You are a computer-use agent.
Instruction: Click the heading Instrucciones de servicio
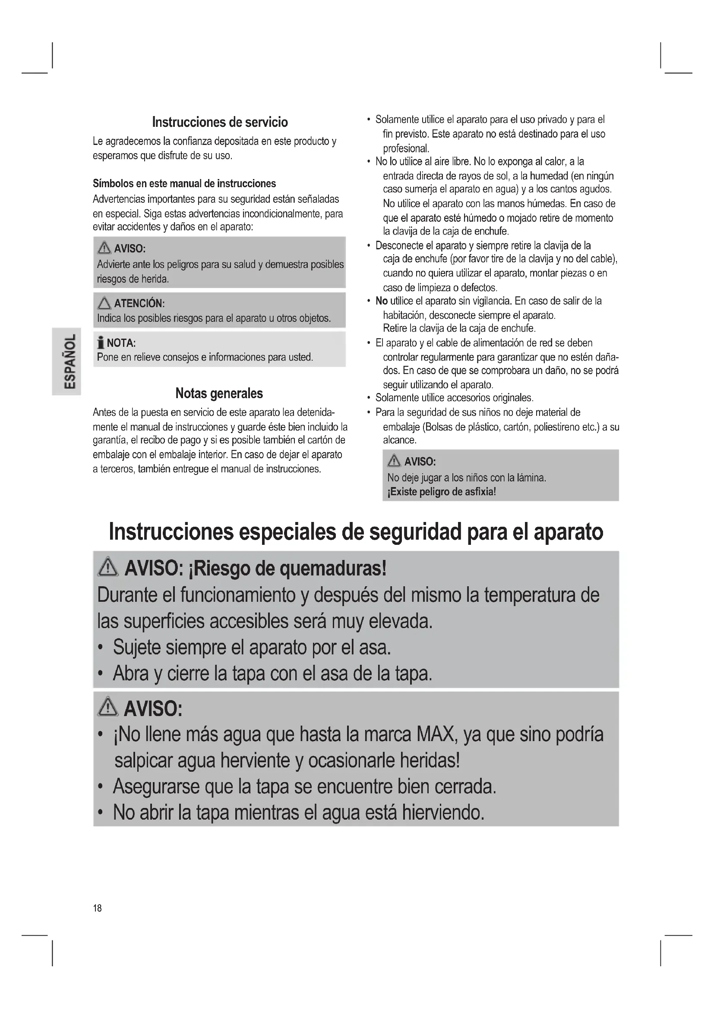point(220,122)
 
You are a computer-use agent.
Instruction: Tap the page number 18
point(97,908)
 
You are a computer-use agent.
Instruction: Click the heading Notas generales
point(219,393)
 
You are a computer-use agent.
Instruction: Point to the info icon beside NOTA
point(101,343)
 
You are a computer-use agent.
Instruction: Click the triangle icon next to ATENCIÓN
point(104,303)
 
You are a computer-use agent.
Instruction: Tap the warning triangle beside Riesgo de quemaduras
point(108,569)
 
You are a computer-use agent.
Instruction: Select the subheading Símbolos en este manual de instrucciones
point(184,183)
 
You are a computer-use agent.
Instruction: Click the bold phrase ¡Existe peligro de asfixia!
point(442,492)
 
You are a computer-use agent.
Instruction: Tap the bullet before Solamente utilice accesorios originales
point(368,398)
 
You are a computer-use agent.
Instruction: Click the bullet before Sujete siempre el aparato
point(101,648)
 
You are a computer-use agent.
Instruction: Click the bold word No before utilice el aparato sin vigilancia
point(381,301)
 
